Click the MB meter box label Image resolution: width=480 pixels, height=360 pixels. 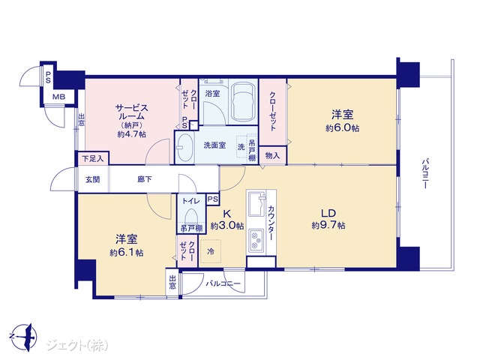[x=58, y=97]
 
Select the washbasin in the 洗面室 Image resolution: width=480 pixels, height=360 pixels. [x=184, y=147]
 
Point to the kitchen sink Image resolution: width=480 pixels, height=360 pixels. [x=256, y=203]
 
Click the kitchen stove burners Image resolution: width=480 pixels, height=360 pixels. [x=256, y=240]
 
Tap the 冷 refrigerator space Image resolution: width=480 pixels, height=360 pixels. [x=211, y=251]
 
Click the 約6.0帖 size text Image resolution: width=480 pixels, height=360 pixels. [x=342, y=128]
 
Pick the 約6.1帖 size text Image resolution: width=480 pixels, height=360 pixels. [x=127, y=253]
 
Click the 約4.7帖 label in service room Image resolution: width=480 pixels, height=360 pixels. [x=132, y=134]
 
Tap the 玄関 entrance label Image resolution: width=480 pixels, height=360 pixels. [x=92, y=179]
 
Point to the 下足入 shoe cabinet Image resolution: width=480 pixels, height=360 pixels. [x=93, y=158]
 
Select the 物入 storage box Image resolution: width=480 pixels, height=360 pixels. [x=273, y=155]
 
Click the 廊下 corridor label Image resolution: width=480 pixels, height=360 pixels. [x=145, y=179]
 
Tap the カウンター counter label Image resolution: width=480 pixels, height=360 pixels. [x=271, y=223]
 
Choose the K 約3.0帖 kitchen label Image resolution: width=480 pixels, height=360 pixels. [x=227, y=220]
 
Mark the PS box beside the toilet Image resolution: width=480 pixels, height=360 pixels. [x=213, y=199]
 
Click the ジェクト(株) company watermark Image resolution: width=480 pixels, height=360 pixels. [x=77, y=345]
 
